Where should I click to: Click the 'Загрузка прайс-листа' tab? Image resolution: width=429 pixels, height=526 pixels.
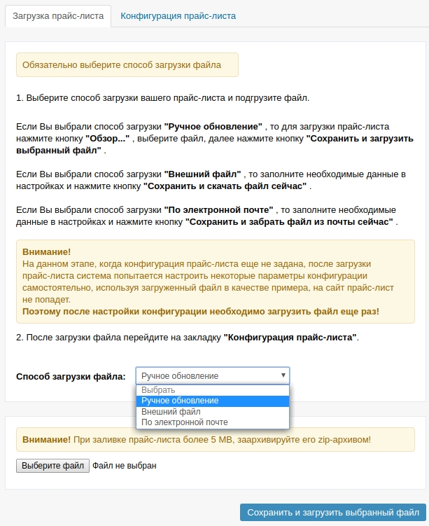58,15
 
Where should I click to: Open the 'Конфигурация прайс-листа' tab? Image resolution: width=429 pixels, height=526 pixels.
178,15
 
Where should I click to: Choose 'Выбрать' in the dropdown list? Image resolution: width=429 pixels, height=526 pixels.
159,389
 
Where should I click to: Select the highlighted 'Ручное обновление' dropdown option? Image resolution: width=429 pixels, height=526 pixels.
180,401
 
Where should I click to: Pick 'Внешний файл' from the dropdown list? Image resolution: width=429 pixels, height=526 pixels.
171,412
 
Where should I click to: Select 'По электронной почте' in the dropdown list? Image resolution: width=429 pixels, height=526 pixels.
185,422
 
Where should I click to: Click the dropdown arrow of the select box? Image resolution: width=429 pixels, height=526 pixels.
283,375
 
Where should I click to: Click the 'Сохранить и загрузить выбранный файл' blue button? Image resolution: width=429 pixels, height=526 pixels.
332,512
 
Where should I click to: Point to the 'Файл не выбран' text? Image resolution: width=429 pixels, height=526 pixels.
125,465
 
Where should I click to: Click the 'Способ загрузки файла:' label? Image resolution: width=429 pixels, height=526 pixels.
71,376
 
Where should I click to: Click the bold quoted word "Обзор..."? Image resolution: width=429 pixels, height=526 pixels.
112,139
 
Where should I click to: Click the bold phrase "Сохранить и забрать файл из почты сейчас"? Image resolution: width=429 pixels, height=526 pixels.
290,221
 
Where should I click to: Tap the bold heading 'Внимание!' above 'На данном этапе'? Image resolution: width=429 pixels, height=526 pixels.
46,251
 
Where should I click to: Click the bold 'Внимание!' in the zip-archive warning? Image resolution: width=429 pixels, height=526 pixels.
46,439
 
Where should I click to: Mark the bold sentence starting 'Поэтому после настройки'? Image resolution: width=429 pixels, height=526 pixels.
201,311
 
